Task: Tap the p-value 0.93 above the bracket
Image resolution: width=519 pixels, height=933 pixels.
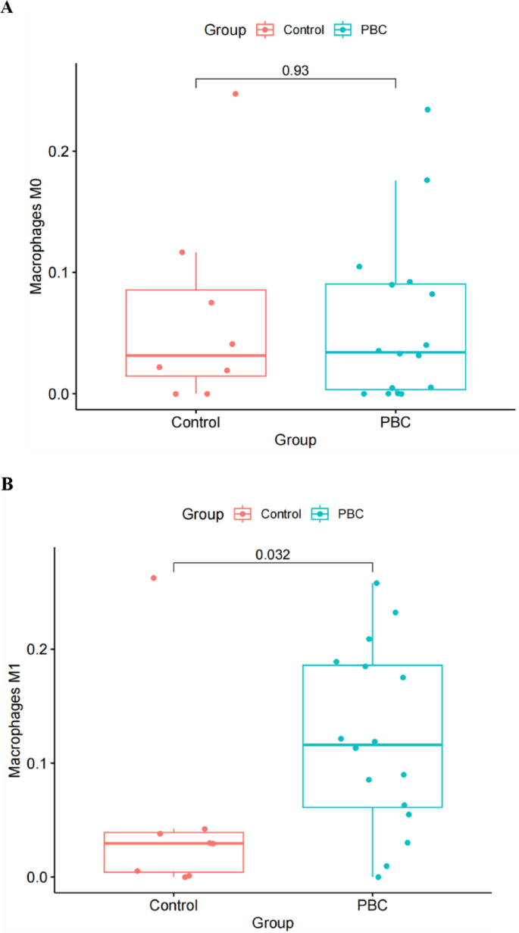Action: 295,70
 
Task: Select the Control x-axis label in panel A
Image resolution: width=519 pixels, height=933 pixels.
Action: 196,422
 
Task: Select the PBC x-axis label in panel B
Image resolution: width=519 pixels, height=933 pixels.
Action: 374,905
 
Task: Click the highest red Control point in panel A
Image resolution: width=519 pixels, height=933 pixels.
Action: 235,94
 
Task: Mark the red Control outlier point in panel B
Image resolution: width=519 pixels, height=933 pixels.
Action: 153,578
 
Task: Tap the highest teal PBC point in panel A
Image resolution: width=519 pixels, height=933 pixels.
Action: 427,110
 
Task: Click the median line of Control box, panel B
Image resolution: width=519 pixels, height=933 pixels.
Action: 174,843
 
